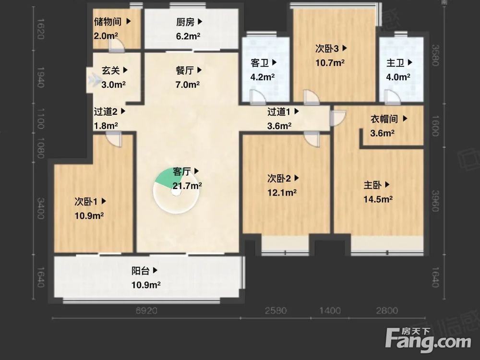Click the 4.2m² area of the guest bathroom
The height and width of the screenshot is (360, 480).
point(263,77)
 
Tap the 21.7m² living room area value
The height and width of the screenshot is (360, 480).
point(187,185)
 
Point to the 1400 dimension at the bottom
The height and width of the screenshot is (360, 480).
point(330,311)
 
